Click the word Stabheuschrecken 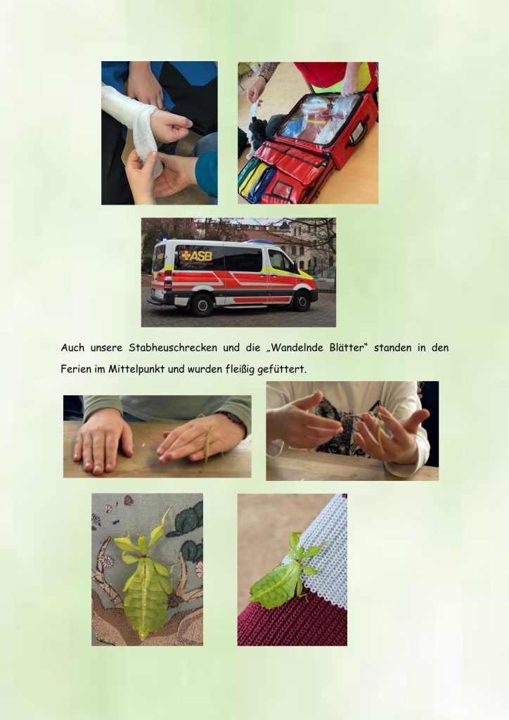click(173, 347)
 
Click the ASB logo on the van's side click(197, 256)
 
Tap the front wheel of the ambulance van click(301, 300)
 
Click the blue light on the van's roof click(260, 241)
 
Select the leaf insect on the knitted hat click(285, 572)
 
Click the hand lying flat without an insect click(102, 440)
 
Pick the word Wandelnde click(294, 347)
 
